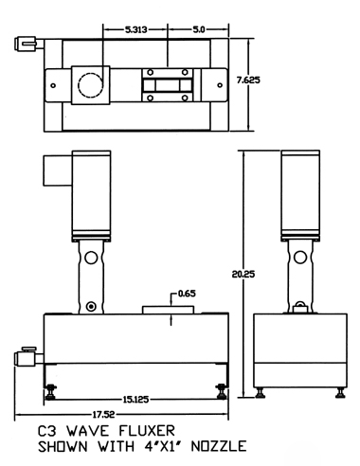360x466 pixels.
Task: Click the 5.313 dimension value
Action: pos(136,29)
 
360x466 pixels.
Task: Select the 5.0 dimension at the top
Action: pos(199,29)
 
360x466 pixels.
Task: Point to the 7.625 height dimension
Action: pos(248,81)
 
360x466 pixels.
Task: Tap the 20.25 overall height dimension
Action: pos(243,274)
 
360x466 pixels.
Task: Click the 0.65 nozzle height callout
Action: pos(187,294)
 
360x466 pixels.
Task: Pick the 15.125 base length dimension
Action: pos(135,400)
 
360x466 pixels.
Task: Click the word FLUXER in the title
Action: pos(147,431)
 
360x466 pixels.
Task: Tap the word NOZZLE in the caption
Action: pos(219,446)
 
